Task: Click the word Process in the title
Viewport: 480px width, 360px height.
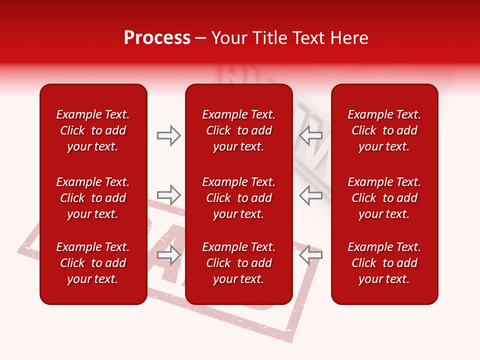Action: click(x=157, y=38)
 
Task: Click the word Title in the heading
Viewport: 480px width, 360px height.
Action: click(x=270, y=38)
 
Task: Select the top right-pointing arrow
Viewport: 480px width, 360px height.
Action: click(x=169, y=135)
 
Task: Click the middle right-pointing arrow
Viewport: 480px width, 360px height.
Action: click(x=169, y=194)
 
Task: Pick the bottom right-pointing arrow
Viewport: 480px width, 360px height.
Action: click(x=169, y=255)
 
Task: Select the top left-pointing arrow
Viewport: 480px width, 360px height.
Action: click(x=310, y=135)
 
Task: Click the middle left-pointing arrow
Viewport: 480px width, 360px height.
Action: click(x=310, y=194)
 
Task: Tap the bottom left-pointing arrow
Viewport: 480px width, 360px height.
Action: click(x=310, y=255)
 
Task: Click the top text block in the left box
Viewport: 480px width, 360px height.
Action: click(x=93, y=130)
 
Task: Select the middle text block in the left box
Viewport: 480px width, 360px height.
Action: click(x=93, y=198)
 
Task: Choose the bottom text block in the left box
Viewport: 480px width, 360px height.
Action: click(x=93, y=263)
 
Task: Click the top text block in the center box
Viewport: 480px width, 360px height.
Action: click(x=238, y=130)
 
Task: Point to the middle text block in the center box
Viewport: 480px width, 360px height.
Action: click(x=238, y=198)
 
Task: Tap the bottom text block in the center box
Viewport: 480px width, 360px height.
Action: click(x=238, y=263)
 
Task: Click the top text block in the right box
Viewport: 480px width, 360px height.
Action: click(x=384, y=130)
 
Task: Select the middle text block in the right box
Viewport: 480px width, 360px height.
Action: click(x=384, y=198)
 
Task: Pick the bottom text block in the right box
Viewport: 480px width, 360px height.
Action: click(x=384, y=263)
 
